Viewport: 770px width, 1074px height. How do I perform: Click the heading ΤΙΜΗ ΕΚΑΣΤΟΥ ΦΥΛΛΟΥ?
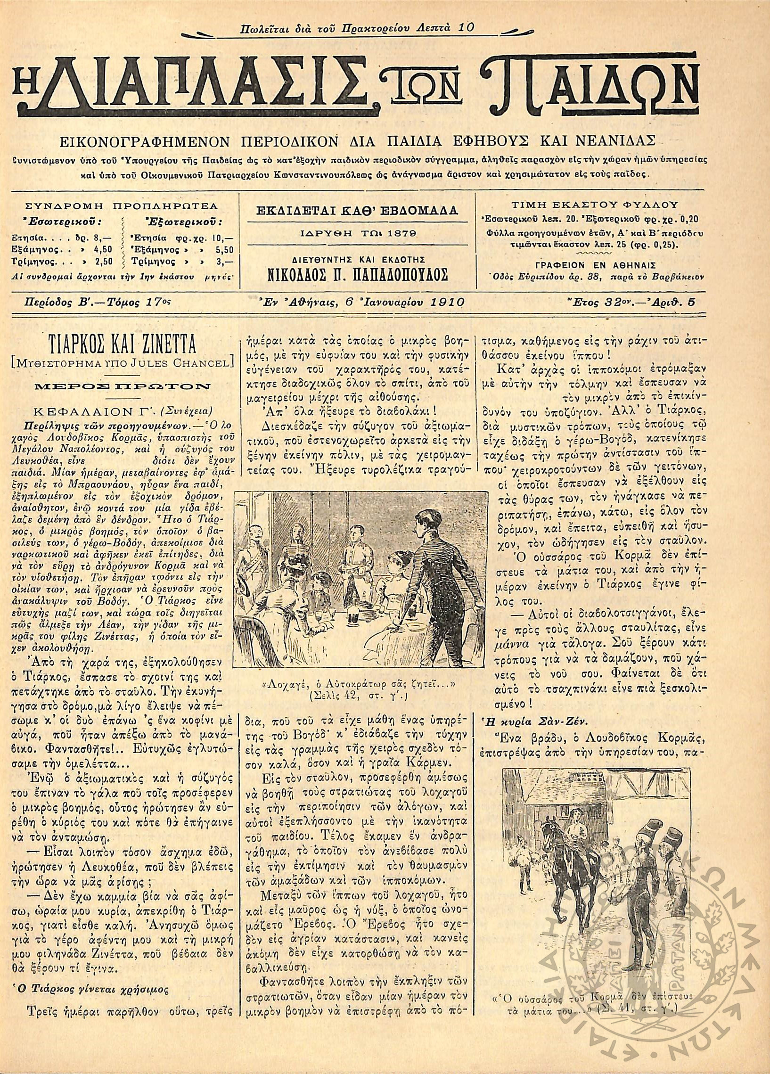pos(595,205)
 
